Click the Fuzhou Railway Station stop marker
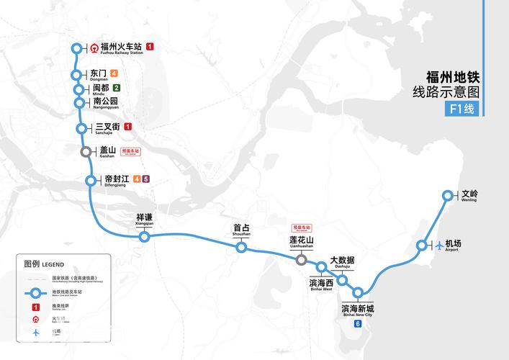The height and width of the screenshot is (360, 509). (78, 48)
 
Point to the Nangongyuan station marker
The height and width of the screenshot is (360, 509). (79, 102)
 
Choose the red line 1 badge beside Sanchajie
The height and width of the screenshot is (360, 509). (128, 127)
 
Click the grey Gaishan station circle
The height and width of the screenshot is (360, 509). (86, 151)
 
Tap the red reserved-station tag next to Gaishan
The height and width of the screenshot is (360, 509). (131, 151)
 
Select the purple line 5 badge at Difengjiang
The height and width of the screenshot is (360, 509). (145, 179)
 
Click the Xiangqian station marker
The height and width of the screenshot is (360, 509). (145, 236)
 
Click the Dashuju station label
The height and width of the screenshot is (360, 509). (342, 261)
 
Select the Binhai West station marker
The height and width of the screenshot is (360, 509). (321, 268)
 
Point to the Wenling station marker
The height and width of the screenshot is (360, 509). (448, 195)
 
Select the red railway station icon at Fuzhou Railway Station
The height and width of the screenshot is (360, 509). (94, 48)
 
